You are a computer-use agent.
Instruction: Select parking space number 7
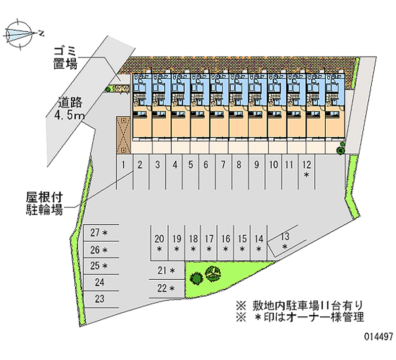[224, 172]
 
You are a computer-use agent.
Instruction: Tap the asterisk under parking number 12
[306, 175]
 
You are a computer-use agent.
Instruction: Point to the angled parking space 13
[285, 241]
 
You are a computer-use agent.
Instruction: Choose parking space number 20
[159, 243]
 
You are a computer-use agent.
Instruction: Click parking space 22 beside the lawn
[166, 289]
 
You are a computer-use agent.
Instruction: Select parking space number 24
[101, 282]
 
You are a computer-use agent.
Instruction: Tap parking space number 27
[101, 233]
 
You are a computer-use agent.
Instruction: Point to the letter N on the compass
[41, 33]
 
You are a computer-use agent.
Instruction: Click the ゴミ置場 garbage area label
[65, 58]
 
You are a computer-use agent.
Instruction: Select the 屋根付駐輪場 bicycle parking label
[44, 204]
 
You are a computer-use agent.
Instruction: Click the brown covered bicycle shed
[123, 135]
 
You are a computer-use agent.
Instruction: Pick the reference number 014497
[378, 337]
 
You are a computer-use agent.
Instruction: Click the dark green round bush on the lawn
[196, 278]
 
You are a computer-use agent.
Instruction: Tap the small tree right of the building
[341, 148]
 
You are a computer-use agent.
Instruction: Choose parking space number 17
[209, 243]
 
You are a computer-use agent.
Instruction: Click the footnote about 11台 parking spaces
[299, 306]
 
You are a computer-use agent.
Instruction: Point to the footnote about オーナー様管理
[300, 317]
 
